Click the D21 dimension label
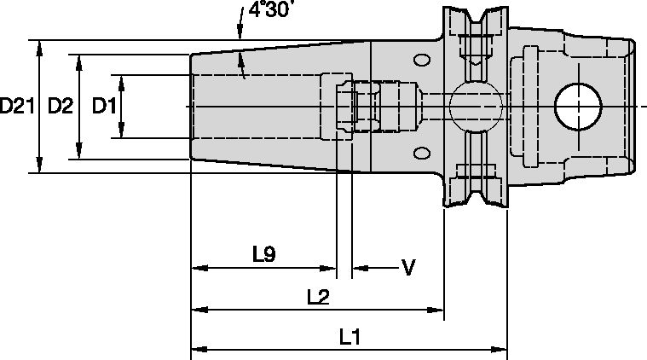tap(17, 106)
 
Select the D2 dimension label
tap(61, 106)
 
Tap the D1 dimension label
tap(103, 106)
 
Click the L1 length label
tap(349, 337)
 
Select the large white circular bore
tap(578, 106)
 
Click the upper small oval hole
tap(421, 61)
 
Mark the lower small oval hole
tap(421, 153)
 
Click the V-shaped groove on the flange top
tap(473, 17)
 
